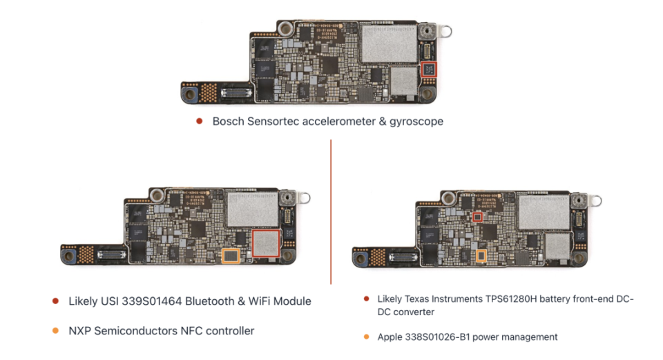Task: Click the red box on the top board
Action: coord(429,69)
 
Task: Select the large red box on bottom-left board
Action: coord(265,245)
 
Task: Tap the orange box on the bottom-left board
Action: coord(230,256)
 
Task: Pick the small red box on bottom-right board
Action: coord(477,217)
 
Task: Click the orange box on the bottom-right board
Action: coord(481,256)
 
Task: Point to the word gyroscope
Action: coord(413,121)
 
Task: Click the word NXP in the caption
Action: coord(80,331)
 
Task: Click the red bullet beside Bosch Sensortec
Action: coord(200,121)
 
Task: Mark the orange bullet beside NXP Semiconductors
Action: coord(55,331)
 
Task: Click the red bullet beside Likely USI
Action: coord(55,301)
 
